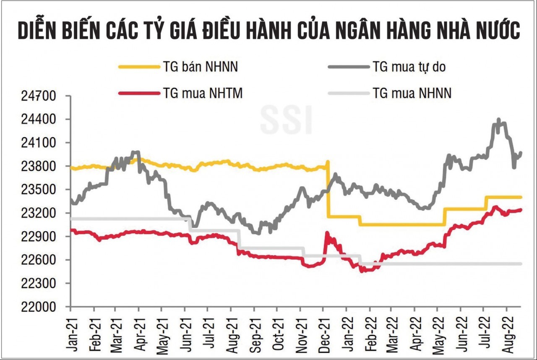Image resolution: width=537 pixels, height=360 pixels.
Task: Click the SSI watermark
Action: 286,120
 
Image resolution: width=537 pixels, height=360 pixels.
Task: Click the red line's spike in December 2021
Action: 327,233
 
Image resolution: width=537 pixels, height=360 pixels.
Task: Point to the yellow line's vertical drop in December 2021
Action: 328,189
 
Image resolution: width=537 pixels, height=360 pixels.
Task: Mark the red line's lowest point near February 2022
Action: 361,271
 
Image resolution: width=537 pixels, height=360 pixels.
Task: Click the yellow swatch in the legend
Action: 137,66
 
